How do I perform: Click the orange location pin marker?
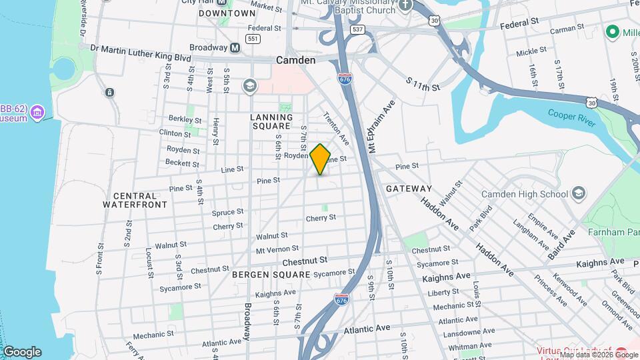click(x=320, y=159)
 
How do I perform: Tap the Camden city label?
click(x=295, y=60)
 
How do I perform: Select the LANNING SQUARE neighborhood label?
click(x=271, y=121)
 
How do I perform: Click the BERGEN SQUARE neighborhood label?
click(x=271, y=275)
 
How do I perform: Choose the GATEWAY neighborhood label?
click(x=409, y=189)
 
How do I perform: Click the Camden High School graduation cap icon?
click(x=579, y=194)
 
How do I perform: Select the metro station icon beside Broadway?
click(x=235, y=48)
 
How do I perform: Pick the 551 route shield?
click(x=252, y=39)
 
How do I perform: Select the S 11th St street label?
click(x=423, y=84)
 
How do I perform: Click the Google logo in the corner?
click(x=22, y=351)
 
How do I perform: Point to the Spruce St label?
click(x=227, y=212)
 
